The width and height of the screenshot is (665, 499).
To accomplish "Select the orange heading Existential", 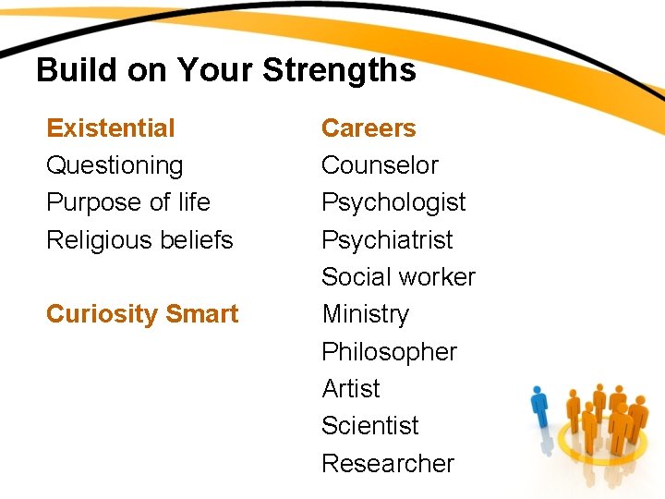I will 110,128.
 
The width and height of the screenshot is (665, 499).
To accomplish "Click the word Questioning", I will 115,166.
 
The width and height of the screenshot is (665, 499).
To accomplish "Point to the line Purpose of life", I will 127,202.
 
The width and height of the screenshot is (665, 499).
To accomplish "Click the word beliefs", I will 197,240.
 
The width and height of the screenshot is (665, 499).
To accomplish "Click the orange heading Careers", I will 369,128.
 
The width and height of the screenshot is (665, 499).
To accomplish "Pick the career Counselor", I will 380,165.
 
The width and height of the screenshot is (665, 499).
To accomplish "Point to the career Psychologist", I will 393,202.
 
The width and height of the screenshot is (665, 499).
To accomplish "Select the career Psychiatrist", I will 387,240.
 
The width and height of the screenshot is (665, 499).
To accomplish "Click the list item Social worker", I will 398,277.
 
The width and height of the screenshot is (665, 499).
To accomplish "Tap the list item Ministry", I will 365,315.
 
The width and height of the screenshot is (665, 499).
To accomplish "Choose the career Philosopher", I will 389,352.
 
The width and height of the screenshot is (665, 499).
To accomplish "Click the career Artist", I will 351,389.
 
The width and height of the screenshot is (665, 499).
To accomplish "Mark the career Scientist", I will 369,426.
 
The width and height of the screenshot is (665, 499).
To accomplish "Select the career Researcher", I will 388,463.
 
